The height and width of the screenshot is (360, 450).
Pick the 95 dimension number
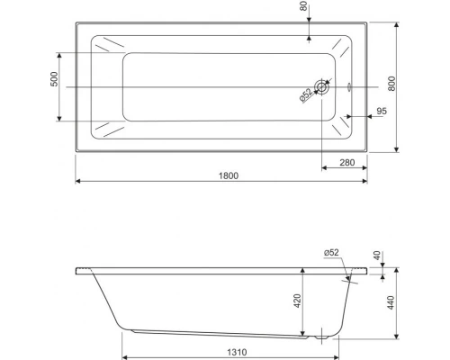(382, 110)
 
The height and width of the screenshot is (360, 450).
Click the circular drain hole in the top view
(323, 87)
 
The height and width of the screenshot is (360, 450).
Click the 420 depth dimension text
(296, 302)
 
